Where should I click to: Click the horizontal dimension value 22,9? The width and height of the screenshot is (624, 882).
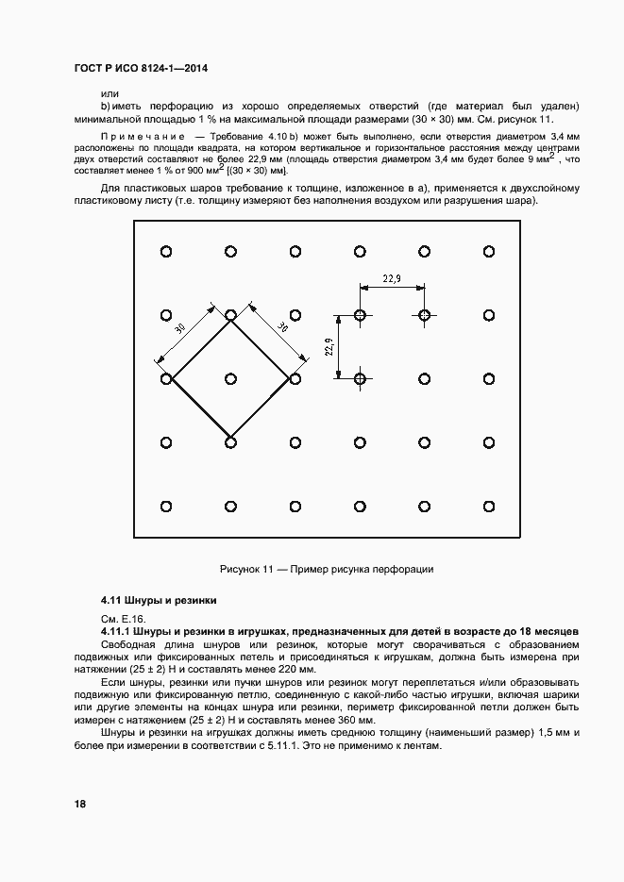click(392, 278)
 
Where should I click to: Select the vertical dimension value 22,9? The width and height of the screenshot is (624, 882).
click(329, 347)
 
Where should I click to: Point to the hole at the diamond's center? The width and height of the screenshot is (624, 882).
click(230, 378)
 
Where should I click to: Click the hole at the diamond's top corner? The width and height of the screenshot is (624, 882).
click(230, 315)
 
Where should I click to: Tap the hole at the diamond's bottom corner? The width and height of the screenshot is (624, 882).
click(230, 441)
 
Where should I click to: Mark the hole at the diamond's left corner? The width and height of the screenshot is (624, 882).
click(166, 378)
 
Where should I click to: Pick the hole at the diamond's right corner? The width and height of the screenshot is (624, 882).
click(295, 378)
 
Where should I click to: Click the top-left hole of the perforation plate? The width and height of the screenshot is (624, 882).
click(166, 251)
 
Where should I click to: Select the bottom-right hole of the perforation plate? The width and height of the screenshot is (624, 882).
click(489, 506)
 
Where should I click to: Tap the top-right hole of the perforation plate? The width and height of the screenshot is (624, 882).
click(489, 251)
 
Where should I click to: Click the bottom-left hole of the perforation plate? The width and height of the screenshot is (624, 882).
click(166, 506)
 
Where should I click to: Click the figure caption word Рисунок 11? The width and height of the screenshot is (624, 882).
click(246, 570)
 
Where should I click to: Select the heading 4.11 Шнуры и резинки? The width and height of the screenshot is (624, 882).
click(160, 600)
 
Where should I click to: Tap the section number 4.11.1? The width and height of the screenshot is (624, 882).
click(116, 630)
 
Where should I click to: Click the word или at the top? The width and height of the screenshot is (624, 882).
click(110, 92)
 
